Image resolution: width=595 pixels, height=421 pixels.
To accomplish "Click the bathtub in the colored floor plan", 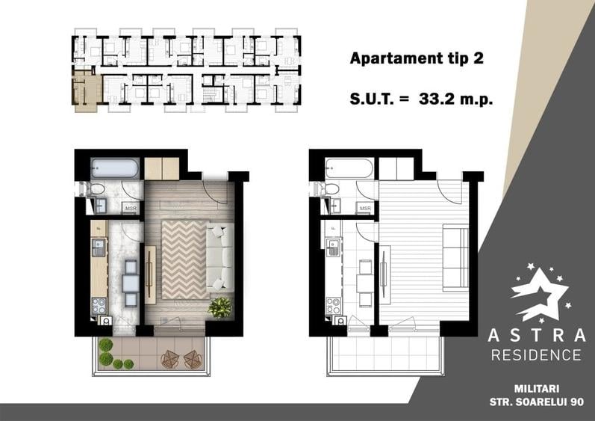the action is click(115, 168).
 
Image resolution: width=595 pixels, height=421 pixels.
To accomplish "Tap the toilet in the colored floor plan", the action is click(96, 188).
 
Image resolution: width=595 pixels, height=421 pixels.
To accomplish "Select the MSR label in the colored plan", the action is click(131, 208).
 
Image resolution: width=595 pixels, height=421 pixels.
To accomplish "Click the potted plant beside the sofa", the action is click(220, 307).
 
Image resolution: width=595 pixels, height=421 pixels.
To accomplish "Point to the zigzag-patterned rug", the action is click(184, 260).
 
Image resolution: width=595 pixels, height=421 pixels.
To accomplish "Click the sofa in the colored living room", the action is click(220, 258).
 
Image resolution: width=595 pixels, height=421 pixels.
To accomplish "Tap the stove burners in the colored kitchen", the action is click(99, 306).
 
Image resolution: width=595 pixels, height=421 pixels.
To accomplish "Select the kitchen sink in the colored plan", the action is click(99, 248).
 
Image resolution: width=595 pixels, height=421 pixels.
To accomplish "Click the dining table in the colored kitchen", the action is click(131, 283).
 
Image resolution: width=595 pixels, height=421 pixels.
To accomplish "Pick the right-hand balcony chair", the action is click(193, 359).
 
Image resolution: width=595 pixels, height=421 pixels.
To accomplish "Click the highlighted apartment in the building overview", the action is click(87, 90).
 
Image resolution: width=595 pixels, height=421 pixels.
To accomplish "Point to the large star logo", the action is click(539, 294).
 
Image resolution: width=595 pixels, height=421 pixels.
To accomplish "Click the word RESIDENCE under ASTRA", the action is click(536, 355).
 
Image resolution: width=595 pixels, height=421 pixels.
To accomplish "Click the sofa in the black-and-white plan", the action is click(456, 258).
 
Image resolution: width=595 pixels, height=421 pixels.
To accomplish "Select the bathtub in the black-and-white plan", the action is click(349, 168).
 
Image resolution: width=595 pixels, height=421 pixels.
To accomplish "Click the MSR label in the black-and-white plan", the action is click(365, 208).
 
